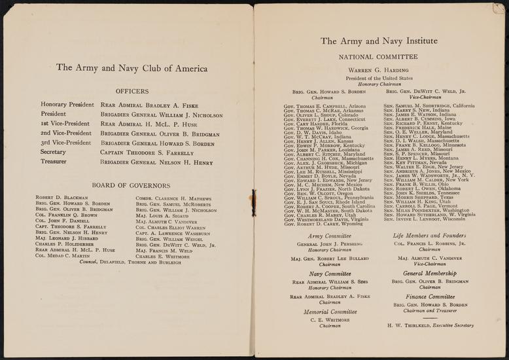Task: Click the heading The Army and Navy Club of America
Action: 132,67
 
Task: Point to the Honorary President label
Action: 67,104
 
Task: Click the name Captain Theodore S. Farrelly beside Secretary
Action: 147,152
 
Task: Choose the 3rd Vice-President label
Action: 66,142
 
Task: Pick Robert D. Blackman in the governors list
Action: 62,197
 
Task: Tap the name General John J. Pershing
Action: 325,244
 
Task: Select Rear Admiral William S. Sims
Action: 325,282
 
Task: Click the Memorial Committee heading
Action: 325,312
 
